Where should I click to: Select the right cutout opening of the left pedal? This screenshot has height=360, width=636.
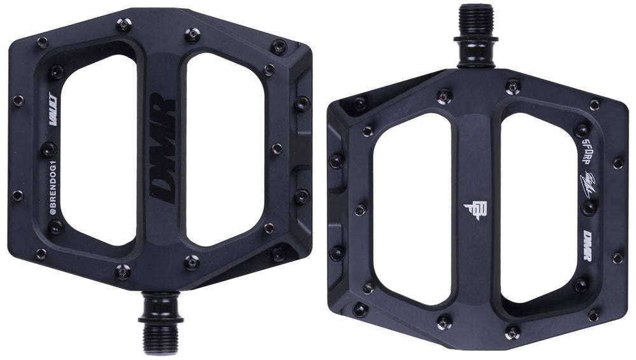click(223, 149)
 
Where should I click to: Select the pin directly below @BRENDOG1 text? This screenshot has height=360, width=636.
click(57, 226)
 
